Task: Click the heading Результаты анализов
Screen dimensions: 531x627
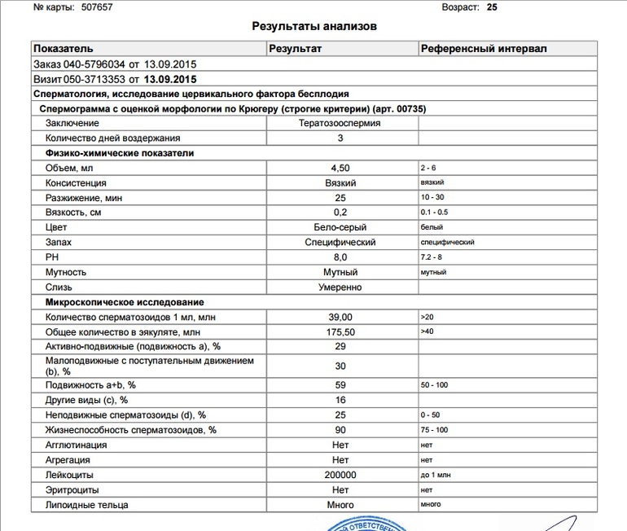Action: click(x=315, y=26)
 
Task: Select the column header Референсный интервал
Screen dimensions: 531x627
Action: click(x=484, y=49)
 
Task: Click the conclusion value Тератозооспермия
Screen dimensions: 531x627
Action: click(x=340, y=123)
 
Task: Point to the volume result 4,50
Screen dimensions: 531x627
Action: click(x=340, y=168)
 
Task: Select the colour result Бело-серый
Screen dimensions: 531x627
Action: click(x=340, y=227)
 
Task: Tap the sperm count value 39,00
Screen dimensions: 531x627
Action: click(x=340, y=316)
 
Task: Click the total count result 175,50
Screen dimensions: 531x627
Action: click(x=340, y=331)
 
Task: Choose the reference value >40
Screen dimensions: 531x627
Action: click(x=427, y=331)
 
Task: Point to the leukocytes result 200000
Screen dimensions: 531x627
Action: click(x=340, y=475)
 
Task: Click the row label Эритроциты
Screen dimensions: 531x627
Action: click(x=73, y=490)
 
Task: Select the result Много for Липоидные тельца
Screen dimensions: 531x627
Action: click(x=340, y=505)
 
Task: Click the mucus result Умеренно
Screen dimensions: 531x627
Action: click(x=340, y=287)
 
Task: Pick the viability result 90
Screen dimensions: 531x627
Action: click(x=340, y=429)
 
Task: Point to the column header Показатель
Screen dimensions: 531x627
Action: click(x=64, y=49)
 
